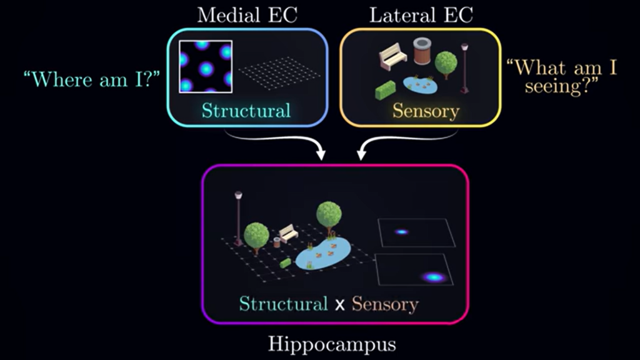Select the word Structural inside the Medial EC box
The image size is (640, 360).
(246, 111)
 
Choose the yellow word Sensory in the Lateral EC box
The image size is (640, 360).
(426, 111)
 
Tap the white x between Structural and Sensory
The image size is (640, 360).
(339, 305)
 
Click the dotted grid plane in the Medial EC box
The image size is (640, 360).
(282, 69)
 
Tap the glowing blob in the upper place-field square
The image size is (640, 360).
(401, 232)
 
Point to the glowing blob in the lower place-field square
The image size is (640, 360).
(433, 277)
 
